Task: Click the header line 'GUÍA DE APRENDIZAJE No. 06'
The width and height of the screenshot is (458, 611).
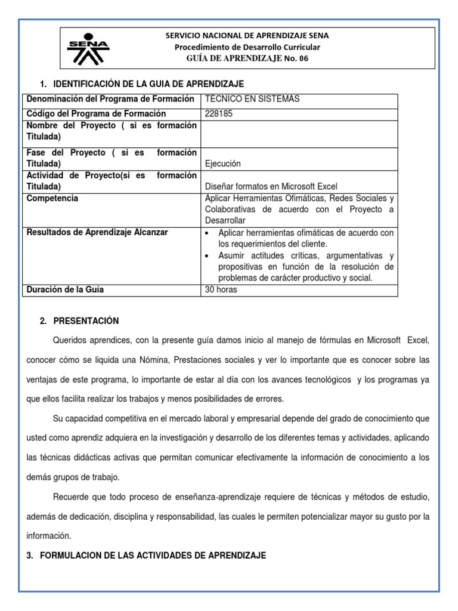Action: tap(247, 58)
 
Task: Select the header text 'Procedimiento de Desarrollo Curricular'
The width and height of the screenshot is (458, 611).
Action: tap(247, 47)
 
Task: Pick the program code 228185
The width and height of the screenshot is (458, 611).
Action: tap(217, 113)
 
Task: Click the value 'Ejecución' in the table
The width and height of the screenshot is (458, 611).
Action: tap(222, 163)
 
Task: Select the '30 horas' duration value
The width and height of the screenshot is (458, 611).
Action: tap(220, 290)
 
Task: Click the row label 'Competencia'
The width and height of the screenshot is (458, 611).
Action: tap(51, 198)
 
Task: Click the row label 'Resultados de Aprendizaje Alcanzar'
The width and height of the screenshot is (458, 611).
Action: tap(97, 232)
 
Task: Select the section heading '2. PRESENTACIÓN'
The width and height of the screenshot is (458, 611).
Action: tap(79, 321)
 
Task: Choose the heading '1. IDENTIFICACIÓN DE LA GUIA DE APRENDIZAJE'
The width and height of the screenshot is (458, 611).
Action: tap(141, 84)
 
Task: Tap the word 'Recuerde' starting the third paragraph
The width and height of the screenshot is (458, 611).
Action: tap(72, 498)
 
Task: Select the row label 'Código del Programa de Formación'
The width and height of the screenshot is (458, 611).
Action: tap(95, 113)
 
